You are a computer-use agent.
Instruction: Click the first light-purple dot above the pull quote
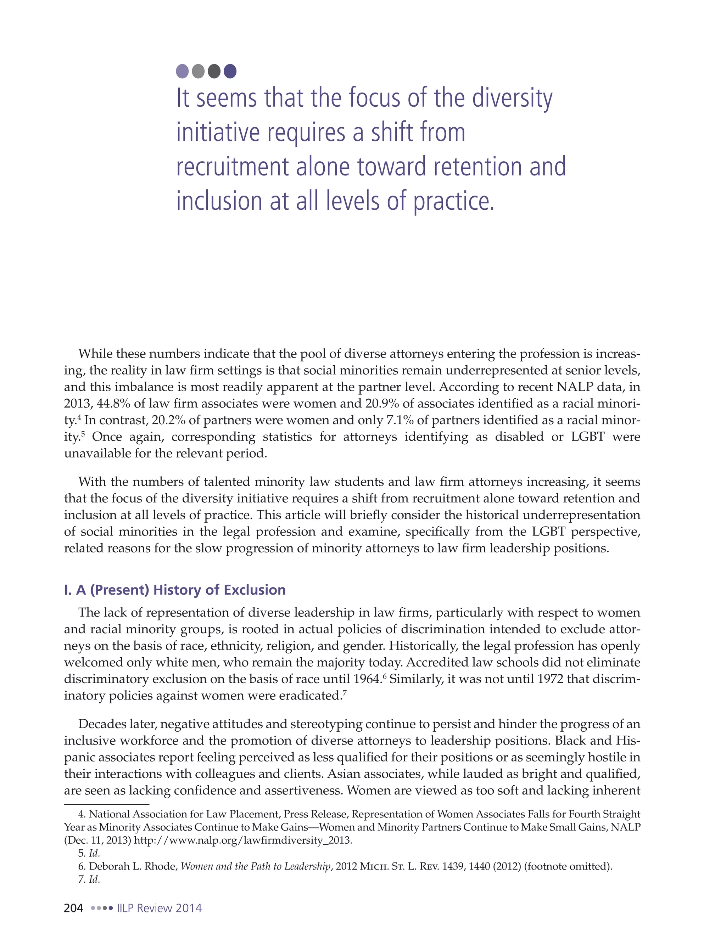[182, 71]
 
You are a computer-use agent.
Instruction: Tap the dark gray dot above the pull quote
[214, 71]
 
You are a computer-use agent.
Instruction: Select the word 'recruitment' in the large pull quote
[232, 167]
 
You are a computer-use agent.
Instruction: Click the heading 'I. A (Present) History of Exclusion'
[175, 590]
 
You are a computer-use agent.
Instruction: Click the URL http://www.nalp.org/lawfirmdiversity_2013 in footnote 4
[243, 840]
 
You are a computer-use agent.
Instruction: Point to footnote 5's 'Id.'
[94, 853]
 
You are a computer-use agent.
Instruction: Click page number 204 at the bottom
[73, 908]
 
